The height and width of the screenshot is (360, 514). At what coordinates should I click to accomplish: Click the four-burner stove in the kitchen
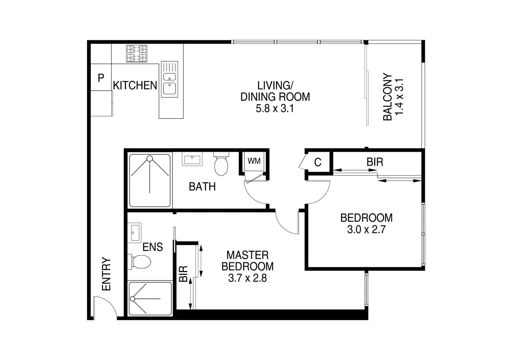click(x=137, y=54)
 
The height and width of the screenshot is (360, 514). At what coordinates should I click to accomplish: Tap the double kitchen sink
click(x=169, y=79)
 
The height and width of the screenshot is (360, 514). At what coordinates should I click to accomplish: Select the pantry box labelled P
click(x=101, y=78)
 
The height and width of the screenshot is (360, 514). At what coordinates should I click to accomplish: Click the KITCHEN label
click(x=135, y=86)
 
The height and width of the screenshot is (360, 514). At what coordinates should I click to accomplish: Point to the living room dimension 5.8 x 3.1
click(x=275, y=109)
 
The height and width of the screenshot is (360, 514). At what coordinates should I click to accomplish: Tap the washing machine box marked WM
click(x=254, y=161)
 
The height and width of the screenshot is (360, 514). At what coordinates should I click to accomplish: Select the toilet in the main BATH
click(x=221, y=164)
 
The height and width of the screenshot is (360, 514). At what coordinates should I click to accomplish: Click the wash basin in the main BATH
click(x=192, y=159)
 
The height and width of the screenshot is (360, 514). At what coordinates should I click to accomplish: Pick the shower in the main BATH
click(x=150, y=180)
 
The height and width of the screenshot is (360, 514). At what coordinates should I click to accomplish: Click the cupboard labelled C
click(x=318, y=162)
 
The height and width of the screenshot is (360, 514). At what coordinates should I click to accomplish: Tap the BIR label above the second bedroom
click(x=375, y=162)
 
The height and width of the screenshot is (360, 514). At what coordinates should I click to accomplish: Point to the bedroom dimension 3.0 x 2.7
click(x=366, y=230)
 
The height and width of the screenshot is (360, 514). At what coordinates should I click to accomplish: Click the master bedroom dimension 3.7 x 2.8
click(x=247, y=278)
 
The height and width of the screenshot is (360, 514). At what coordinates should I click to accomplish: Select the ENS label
click(x=153, y=247)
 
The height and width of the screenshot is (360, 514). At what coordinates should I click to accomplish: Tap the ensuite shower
click(x=150, y=298)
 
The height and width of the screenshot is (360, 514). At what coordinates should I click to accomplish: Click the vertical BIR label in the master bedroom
click(x=183, y=274)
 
